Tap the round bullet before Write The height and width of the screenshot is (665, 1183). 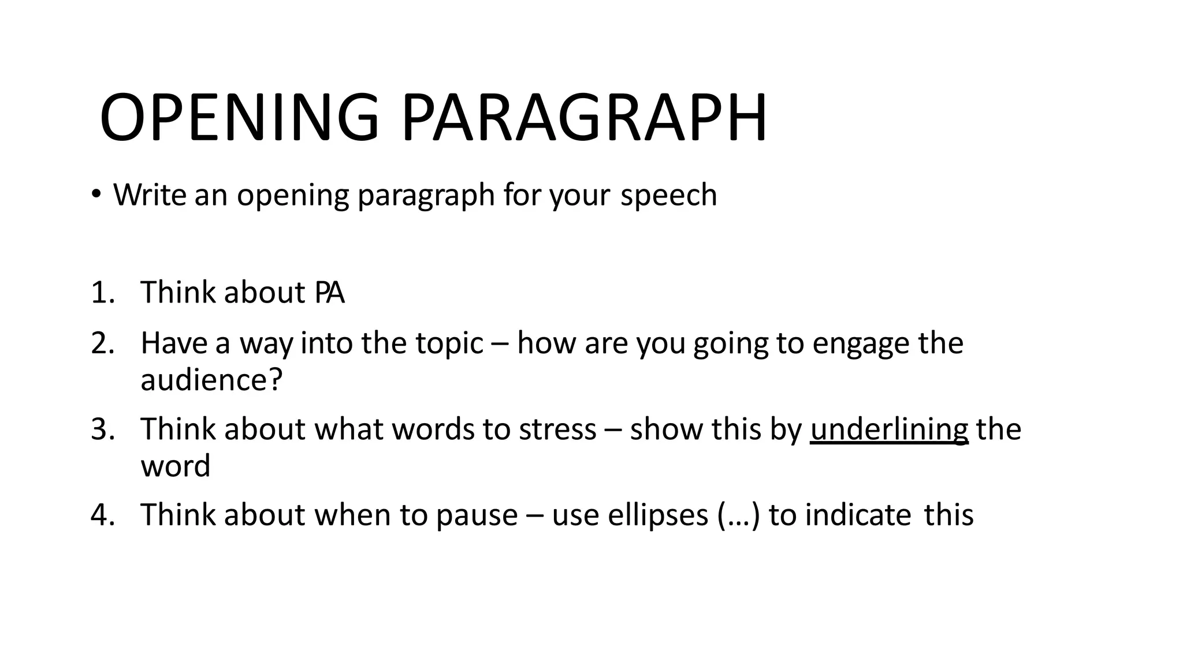(x=96, y=194)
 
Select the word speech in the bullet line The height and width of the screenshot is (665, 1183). (x=668, y=195)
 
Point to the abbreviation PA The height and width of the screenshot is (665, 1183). (x=330, y=293)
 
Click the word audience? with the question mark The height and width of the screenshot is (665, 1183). (x=211, y=380)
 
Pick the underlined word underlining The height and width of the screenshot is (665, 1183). (x=888, y=431)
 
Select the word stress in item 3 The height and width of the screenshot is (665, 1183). (x=557, y=429)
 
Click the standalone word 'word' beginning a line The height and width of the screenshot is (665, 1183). (x=176, y=466)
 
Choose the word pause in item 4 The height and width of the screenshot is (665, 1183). (x=477, y=516)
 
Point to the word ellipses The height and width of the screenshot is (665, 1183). (x=658, y=515)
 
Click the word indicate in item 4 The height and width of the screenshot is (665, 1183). (x=858, y=515)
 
